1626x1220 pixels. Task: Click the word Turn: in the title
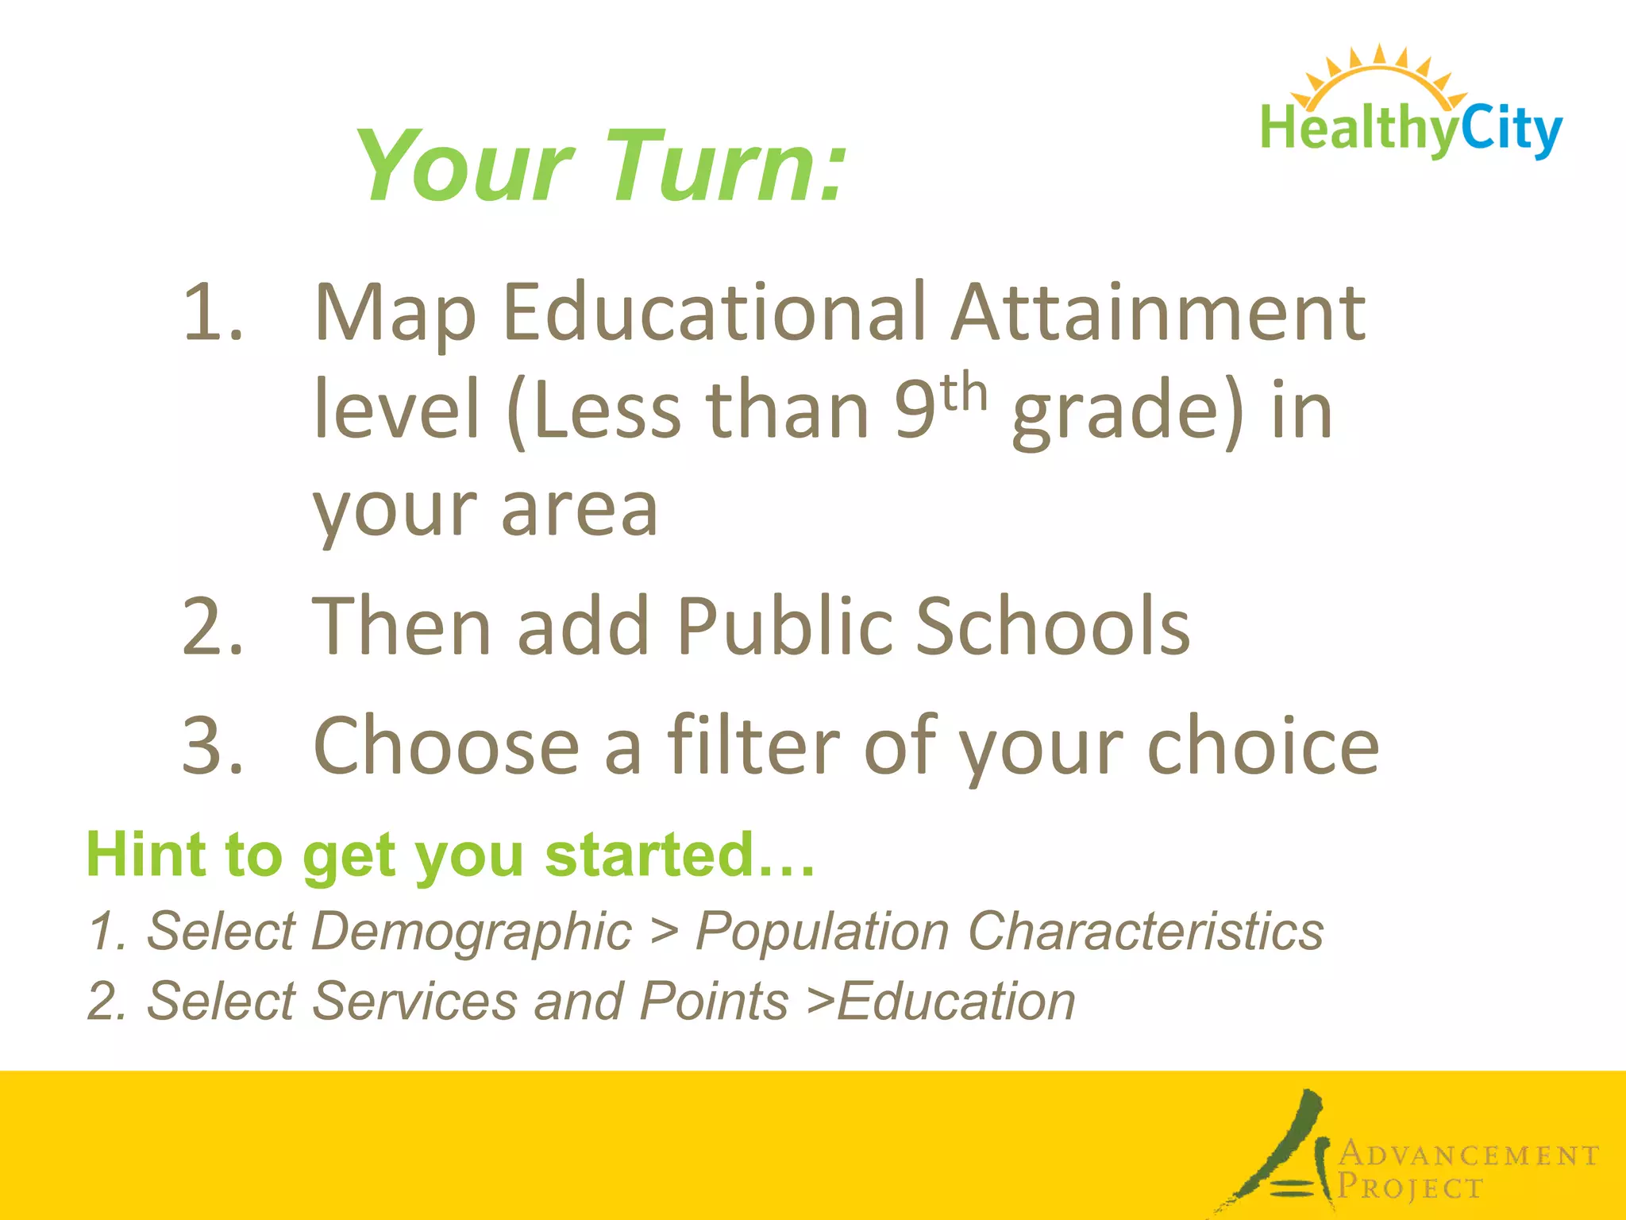[x=726, y=167]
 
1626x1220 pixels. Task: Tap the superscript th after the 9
[x=964, y=392]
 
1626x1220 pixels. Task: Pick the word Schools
[x=1053, y=627]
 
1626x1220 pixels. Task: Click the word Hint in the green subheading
[x=144, y=855]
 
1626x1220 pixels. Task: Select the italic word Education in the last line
[x=956, y=1001]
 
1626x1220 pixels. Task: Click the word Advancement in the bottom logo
[x=1469, y=1154]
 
